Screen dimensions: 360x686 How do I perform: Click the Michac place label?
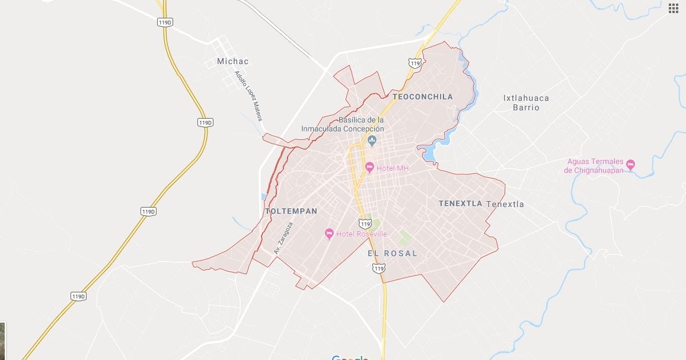pyautogui.click(x=233, y=61)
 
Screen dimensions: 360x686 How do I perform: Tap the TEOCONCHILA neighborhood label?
pyautogui.click(x=422, y=96)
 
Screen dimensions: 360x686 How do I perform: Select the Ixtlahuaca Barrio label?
pyautogui.click(x=526, y=103)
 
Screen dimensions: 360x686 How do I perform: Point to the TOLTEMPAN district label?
pyautogui.click(x=291, y=211)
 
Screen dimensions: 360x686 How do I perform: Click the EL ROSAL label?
pyautogui.click(x=392, y=253)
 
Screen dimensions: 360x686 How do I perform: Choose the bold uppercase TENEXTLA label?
pyautogui.click(x=460, y=203)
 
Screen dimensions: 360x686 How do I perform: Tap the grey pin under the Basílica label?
pyautogui.click(x=372, y=141)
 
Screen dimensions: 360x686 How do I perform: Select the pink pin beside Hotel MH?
pyautogui.click(x=369, y=167)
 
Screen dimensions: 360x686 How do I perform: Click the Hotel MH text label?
pyautogui.click(x=393, y=168)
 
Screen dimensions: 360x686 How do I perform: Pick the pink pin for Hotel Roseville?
pyautogui.click(x=330, y=234)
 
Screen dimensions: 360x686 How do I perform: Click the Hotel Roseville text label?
pyautogui.click(x=361, y=234)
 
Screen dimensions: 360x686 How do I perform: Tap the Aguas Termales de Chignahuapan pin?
pyautogui.click(x=630, y=164)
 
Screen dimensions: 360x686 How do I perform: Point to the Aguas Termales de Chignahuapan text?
pyautogui.click(x=594, y=166)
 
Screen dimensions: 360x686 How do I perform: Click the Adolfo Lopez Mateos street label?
pyautogui.click(x=248, y=96)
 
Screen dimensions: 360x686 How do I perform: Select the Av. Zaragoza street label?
pyautogui.click(x=283, y=238)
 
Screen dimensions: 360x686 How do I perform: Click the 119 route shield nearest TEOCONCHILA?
pyautogui.click(x=415, y=63)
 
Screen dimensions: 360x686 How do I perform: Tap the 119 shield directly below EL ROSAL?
pyautogui.click(x=378, y=269)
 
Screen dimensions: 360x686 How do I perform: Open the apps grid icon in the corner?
pyautogui.click(x=674, y=8)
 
